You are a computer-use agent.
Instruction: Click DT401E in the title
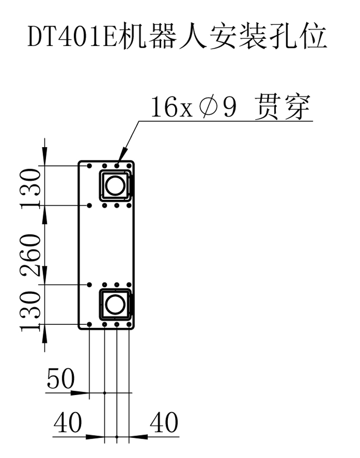(x=72, y=36)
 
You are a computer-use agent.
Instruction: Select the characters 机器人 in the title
(x=159, y=36)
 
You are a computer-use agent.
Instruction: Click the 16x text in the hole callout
(x=165, y=108)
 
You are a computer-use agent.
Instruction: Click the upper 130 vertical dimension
(x=31, y=187)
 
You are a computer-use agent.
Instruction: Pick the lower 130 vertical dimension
(x=31, y=310)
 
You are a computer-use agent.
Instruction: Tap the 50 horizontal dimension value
(x=61, y=379)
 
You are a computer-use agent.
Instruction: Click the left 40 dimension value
(x=68, y=423)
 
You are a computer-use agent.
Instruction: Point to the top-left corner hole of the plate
(x=90, y=166)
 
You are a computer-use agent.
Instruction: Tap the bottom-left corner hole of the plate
(x=90, y=323)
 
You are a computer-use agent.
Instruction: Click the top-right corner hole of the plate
(x=129, y=166)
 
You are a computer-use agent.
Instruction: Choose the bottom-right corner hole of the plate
(x=129, y=323)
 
